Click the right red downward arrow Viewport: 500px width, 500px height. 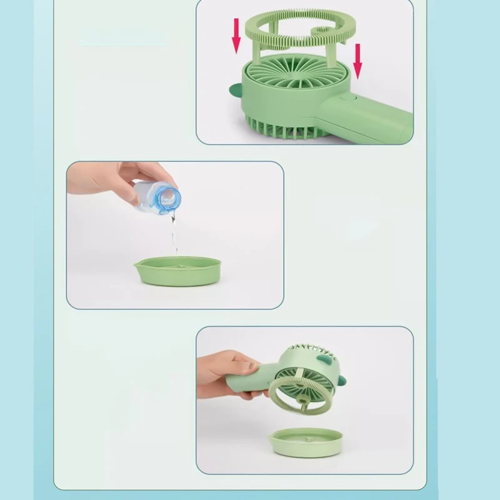coord(357,61)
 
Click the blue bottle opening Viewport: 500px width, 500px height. coord(167,199)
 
